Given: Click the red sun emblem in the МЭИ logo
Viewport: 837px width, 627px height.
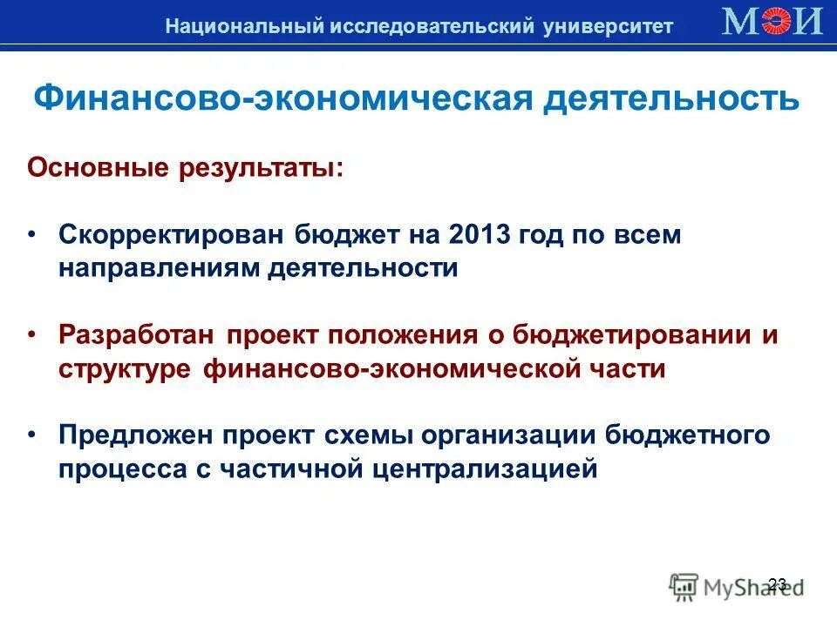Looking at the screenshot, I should pyautogui.click(x=776, y=21).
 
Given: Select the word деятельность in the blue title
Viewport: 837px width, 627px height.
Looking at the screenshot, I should pyautogui.click(x=671, y=98).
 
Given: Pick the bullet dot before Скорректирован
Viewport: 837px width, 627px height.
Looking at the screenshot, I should pyautogui.click(x=33, y=236).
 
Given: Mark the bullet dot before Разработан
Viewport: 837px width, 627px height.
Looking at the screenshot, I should pyautogui.click(x=33, y=336).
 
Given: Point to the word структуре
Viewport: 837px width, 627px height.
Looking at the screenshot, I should pyautogui.click(x=125, y=368).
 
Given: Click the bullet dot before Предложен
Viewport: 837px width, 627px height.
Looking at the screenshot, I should pyautogui.click(x=33, y=436).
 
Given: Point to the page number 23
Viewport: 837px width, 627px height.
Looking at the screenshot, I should pyautogui.click(x=778, y=584).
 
